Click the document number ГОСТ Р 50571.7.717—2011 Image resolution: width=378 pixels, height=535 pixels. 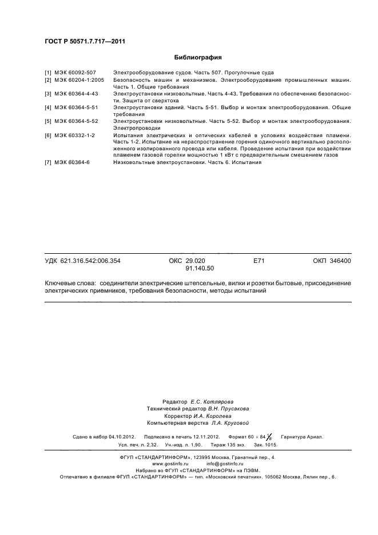(85, 41)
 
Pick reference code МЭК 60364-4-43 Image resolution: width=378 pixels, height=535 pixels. (77, 93)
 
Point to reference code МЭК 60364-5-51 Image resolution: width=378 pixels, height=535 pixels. (77, 107)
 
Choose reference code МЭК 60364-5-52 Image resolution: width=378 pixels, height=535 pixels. (77, 121)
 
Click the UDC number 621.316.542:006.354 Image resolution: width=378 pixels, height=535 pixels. (90, 261)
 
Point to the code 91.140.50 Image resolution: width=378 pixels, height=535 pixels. (200, 268)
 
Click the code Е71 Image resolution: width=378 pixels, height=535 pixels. (258, 261)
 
